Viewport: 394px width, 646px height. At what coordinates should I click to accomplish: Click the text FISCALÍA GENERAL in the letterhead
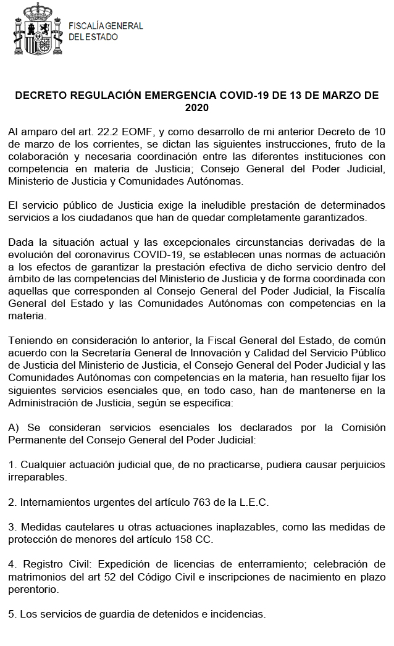105,26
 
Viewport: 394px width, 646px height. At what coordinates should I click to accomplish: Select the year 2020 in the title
197,107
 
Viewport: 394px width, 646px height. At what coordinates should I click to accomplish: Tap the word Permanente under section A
35,440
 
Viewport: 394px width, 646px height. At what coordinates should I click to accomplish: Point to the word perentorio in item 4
34,589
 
